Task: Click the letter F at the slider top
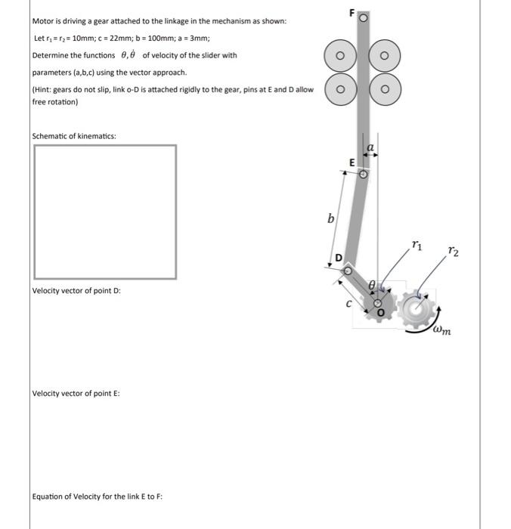352,14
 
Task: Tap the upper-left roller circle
340,56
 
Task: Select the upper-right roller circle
385,56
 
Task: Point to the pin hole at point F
363,17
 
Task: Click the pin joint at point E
363,174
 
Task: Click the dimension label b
330,219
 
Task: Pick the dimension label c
348,305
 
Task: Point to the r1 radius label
417,245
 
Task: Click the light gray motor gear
415,306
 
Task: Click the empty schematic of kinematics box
105,212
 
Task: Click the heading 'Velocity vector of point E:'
76,393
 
